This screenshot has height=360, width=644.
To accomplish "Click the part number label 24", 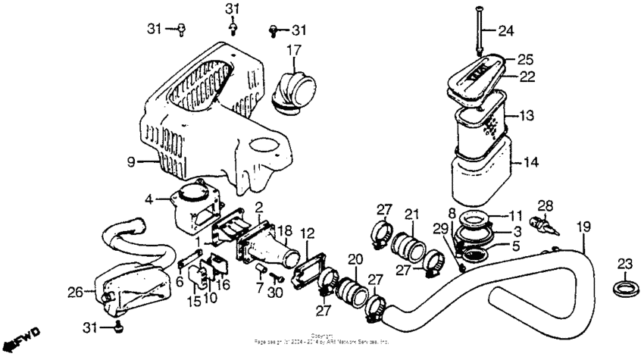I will [505, 31].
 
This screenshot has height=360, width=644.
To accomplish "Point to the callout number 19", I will [583, 227].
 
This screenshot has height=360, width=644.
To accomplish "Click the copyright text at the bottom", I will [321, 338].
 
